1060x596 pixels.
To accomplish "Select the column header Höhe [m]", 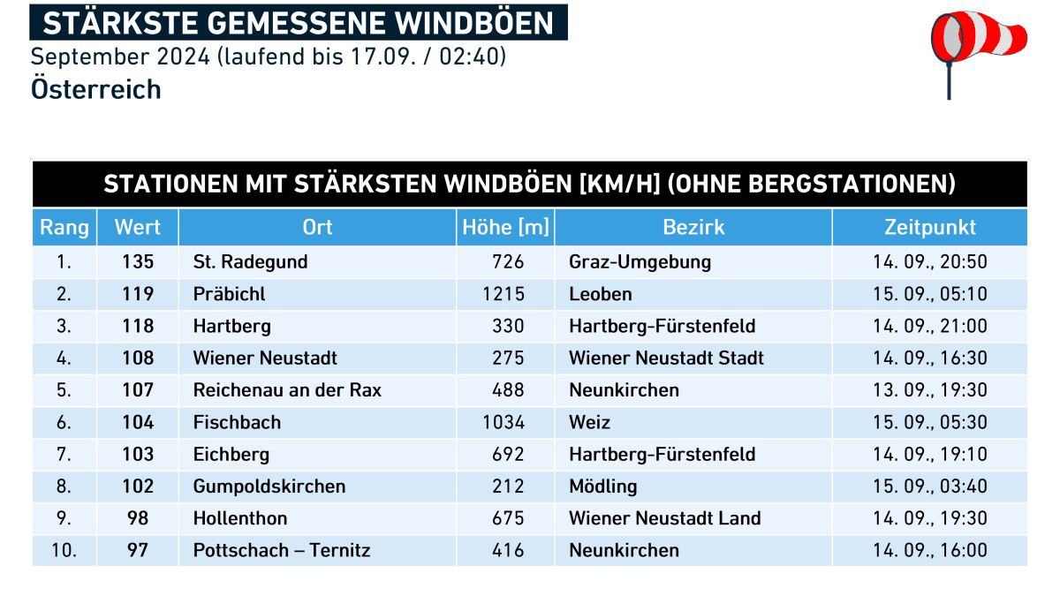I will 505,227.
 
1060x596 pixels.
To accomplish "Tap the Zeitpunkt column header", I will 929,227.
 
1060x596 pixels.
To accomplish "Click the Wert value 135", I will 138,261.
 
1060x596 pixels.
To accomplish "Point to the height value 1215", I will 503,294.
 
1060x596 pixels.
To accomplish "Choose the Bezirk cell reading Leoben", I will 600,294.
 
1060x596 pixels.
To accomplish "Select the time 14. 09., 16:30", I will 929,358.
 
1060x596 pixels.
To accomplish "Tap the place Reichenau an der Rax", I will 287,390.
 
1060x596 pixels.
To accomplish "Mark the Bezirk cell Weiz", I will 589,422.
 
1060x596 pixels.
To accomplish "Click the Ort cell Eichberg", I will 231,455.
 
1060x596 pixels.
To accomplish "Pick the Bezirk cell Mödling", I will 602,487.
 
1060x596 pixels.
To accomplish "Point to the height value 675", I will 508,518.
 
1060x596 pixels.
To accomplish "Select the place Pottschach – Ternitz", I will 282,551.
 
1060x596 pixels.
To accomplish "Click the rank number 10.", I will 63,551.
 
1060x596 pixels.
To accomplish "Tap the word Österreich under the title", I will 95,89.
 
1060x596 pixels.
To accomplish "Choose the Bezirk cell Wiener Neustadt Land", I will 664,518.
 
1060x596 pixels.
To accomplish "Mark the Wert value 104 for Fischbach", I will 138,422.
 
